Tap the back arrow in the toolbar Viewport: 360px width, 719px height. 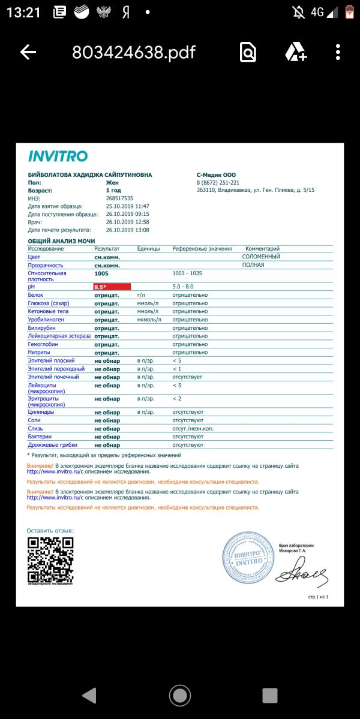point(28,52)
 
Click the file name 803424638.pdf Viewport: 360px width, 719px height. point(134,52)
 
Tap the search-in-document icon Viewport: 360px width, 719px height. point(248,52)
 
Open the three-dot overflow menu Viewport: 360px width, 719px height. point(338,52)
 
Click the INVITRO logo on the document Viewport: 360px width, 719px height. point(58,157)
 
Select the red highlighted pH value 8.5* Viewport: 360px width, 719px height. point(112,287)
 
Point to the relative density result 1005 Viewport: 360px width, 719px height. point(101,273)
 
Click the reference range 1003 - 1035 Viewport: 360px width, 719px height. point(187,273)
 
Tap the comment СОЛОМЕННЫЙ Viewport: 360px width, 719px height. point(261,257)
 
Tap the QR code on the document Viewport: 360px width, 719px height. point(50,559)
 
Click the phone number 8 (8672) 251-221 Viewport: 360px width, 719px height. point(218,182)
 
